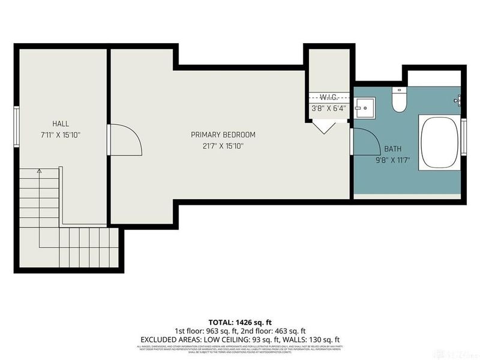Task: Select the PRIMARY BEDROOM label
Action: tap(223, 135)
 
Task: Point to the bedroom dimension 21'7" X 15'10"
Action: tap(223, 146)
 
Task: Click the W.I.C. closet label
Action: tap(329, 97)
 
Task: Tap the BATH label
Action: tap(393, 149)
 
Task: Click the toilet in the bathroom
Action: tap(398, 100)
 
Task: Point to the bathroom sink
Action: tap(364, 107)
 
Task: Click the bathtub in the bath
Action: tap(441, 143)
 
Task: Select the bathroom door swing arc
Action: tap(366, 144)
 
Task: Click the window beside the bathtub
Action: tap(463, 143)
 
